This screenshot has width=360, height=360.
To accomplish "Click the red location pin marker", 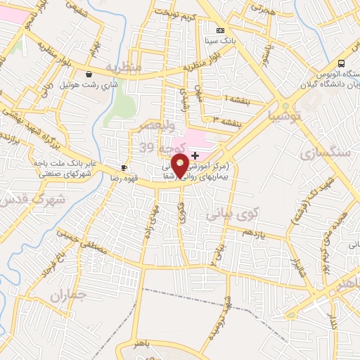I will [x=180, y=165].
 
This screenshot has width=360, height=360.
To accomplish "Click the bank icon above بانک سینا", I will [x=220, y=30].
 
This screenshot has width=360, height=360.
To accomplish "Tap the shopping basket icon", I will [x=89, y=74].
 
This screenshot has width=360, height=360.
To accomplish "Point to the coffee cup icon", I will [x=124, y=167].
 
